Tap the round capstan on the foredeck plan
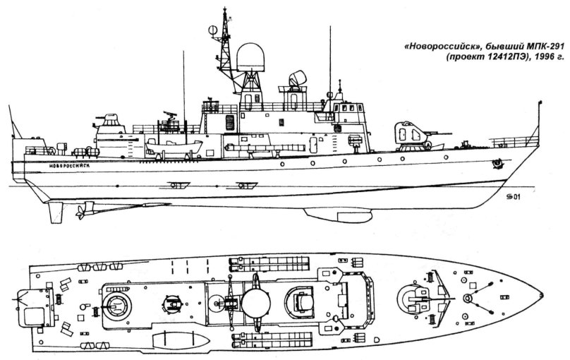click(x=466, y=299)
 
